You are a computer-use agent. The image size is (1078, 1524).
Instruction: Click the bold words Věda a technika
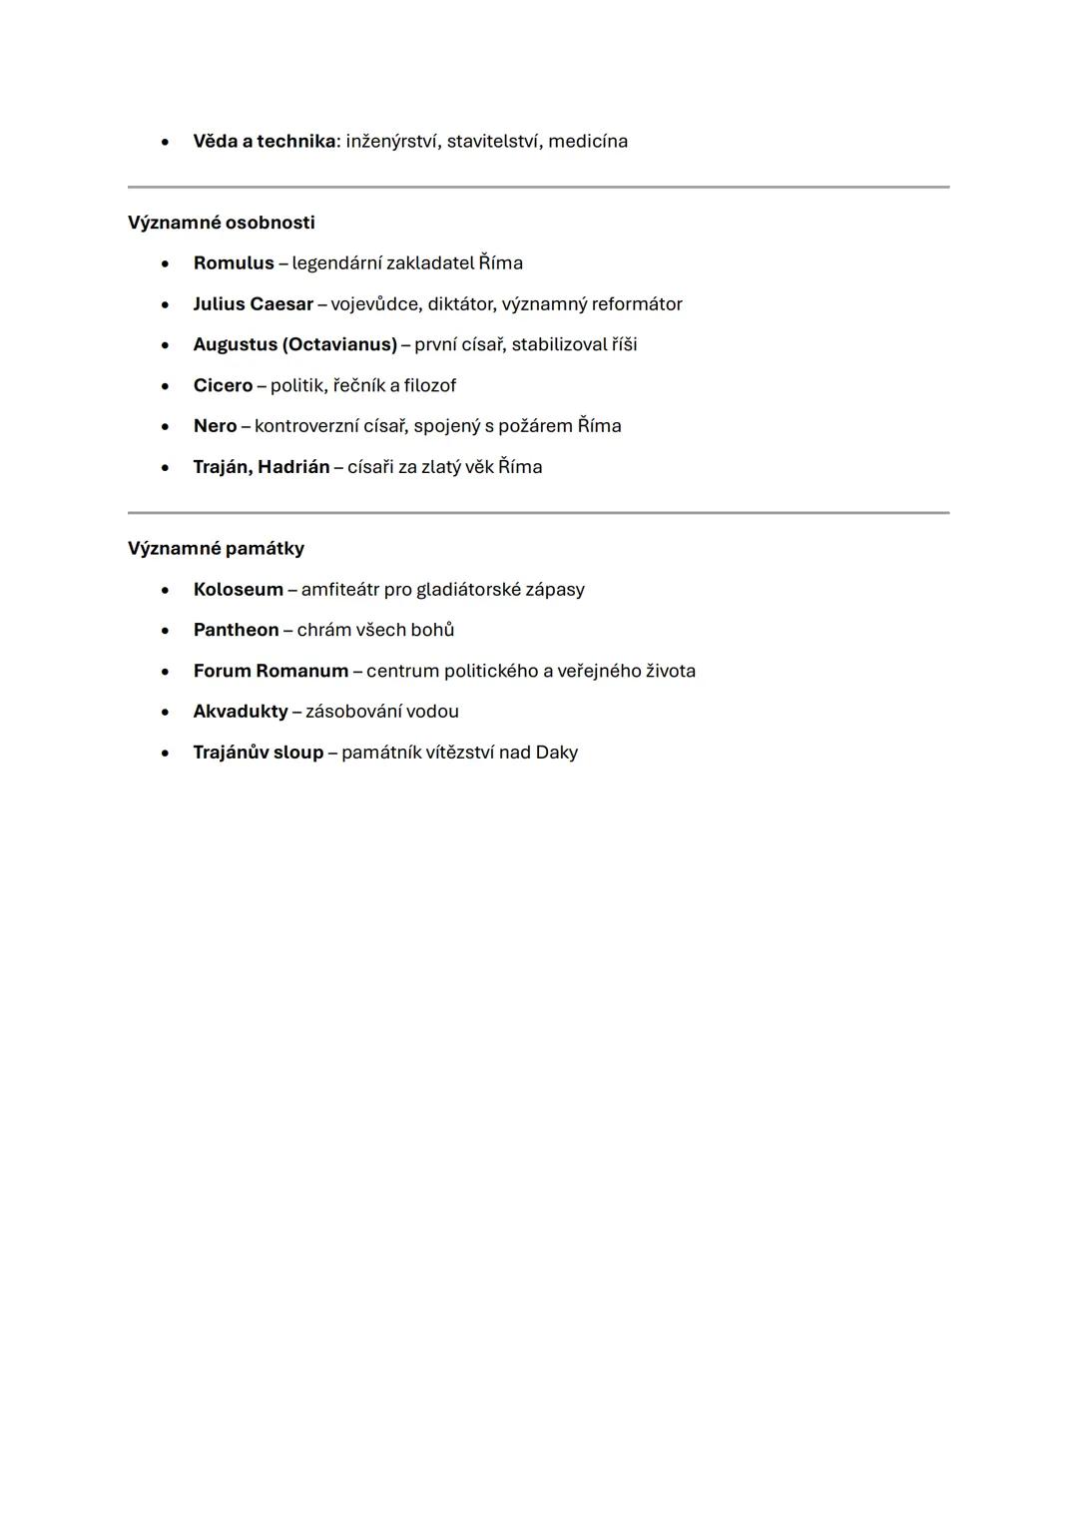click(x=264, y=142)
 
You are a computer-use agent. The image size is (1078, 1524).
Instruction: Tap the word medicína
click(x=588, y=142)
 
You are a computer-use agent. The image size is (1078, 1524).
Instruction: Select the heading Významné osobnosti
click(x=221, y=223)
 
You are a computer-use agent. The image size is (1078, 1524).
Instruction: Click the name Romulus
click(x=234, y=263)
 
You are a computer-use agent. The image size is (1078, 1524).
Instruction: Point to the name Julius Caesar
click(x=253, y=304)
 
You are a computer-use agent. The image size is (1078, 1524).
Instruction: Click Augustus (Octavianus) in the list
click(x=294, y=345)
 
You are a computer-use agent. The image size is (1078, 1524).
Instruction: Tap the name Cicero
click(x=223, y=386)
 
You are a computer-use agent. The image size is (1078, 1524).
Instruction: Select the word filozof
click(x=429, y=386)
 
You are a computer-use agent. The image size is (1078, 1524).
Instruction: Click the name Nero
click(x=215, y=426)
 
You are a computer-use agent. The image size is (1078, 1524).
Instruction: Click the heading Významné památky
click(x=216, y=549)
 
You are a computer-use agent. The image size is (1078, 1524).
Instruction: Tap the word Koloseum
click(x=238, y=590)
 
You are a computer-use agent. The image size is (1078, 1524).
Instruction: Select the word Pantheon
click(x=236, y=630)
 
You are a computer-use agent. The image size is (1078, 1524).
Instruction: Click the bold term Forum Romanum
click(x=270, y=672)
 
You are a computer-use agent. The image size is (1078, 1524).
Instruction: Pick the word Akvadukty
click(x=240, y=712)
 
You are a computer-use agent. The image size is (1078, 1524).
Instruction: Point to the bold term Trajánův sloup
click(x=258, y=753)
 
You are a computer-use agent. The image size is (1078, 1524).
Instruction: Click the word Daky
click(x=556, y=753)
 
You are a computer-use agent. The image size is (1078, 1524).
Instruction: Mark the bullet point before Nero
click(x=165, y=427)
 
